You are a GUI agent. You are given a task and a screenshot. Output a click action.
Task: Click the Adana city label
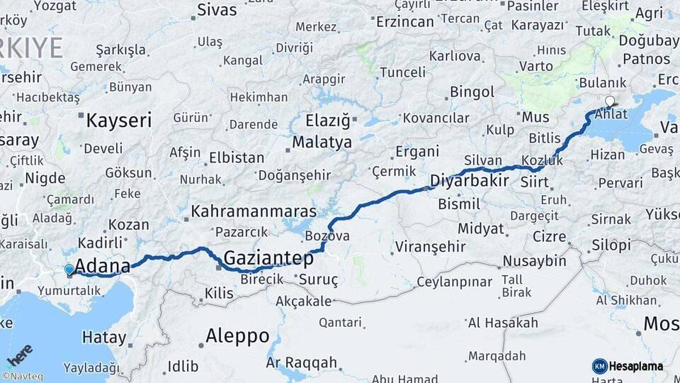pyautogui.click(x=102, y=266)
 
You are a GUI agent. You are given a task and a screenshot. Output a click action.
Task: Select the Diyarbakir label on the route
pyautogui.click(x=469, y=179)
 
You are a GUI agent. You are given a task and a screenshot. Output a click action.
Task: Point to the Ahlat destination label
pyautogui.click(x=611, y=113)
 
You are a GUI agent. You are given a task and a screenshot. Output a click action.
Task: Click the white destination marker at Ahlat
pyautogui.click(x=610, y=101)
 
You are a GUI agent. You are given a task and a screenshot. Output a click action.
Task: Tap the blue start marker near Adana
pyautogui.click(x=69, y=270)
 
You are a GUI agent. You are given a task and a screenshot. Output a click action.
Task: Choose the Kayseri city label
pyautogui.click(x=118, y=121)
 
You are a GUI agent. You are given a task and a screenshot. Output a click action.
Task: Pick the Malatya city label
pyautogui.click(x=322, y=142)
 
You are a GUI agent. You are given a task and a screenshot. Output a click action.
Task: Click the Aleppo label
pyautogui.click(x=237, y=335)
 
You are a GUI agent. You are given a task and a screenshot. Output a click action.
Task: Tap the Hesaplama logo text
pyautogui.click(x=636, y=366)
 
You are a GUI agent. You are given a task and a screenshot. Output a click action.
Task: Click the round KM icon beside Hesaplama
pyautogui.click(x=599, y=366)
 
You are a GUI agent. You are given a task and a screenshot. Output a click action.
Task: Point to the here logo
pyautogui.click(x=19, y=354)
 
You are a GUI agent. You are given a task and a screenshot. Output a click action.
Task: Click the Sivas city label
pyautogui.click(x=217, y=10)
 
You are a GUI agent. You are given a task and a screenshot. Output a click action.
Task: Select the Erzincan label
pyautogui.click(x=404, y=21)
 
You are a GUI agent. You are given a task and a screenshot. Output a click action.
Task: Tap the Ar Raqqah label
pyautogui.click(x=301, y=362)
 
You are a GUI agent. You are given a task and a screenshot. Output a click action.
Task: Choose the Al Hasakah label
pyautogui.click(x=503, y=323)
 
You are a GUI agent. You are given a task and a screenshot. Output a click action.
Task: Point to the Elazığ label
pyautogui.click(x=327, y=120)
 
